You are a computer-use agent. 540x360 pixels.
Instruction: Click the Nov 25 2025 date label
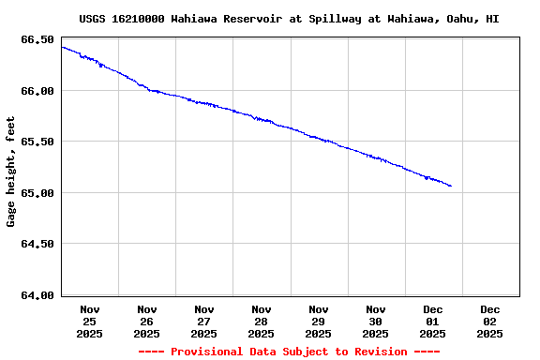coord(90,321)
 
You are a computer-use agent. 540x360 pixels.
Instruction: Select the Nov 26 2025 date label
coord(147,321)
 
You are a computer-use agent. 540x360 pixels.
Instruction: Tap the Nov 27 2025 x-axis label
coord(204,321)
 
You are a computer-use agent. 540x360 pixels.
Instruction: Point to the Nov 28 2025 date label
coord(262,321)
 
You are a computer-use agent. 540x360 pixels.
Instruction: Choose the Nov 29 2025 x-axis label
coord(319,321)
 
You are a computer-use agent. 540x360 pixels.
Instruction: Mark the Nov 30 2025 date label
coord(376,321)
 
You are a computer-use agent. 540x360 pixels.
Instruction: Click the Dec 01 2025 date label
coord(432,321)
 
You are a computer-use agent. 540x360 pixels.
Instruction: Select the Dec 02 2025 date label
coord(489,321)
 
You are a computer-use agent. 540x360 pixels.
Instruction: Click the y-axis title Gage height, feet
coord(11,172)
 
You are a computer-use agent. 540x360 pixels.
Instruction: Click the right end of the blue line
coord(451,186)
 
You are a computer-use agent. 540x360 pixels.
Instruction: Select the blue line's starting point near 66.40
coord(62,47)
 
